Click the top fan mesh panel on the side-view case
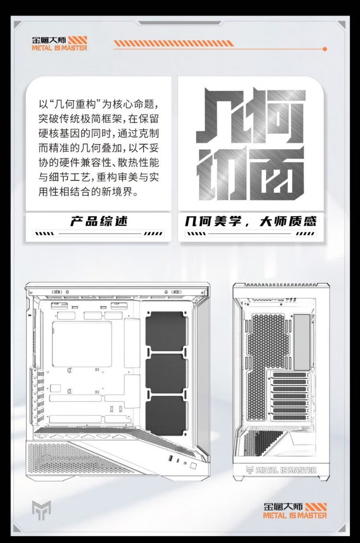click(x=166, y=331)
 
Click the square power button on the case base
click(x=192, y=465)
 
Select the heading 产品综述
click(x=99, y=222)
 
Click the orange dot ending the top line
click(x=325, y=49)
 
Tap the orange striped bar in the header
click(x=173, y=43)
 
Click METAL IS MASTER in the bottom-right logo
click(x=295, y=515)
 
